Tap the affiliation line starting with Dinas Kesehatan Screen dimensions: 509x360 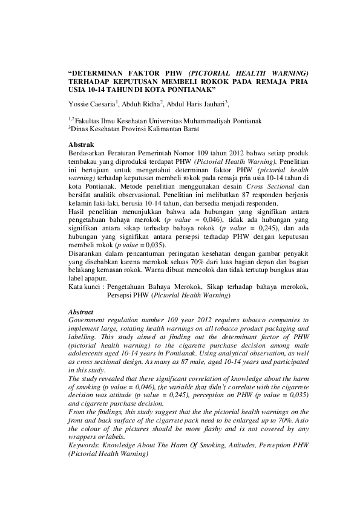(130, 129)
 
